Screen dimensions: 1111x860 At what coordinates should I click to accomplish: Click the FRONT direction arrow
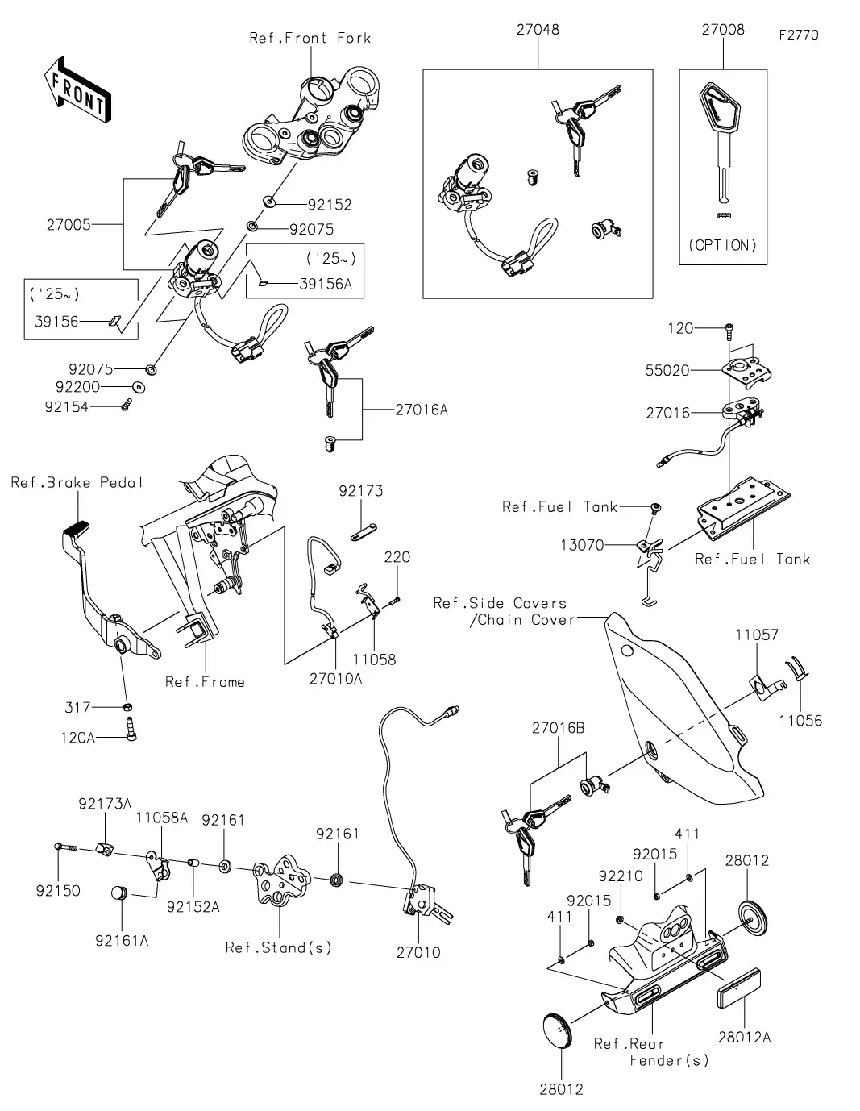(77, 89)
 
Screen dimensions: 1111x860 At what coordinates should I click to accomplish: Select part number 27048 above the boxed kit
(538, 30)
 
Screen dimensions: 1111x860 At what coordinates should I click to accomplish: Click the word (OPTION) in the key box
(723, 245)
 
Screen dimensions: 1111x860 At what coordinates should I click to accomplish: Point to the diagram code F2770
(799, 35)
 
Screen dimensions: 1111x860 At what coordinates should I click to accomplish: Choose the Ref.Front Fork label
(310, 38)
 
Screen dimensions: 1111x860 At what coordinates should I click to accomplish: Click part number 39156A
(326, 284)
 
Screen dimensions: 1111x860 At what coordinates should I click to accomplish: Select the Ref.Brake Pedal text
(77, 483)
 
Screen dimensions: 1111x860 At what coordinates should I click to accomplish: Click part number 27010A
(335, 679)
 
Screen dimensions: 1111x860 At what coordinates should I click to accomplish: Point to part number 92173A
(105, 804)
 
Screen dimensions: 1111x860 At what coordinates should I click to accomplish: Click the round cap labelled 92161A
(120, 894)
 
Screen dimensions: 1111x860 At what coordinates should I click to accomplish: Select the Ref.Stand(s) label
(279, 947)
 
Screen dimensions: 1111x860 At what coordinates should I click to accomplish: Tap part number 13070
(582, 545)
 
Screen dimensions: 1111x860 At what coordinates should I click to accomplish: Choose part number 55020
(667, 371)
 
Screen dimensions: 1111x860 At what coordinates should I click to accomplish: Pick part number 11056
(800, 720)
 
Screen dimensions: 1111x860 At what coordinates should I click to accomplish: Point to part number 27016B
(558, 729)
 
